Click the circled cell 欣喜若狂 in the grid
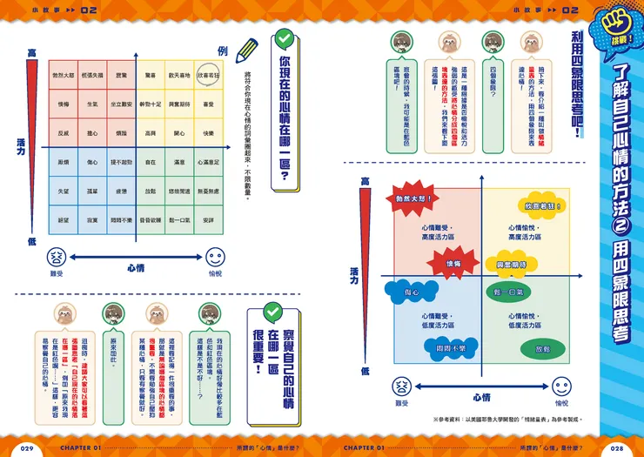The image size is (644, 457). (208, 77)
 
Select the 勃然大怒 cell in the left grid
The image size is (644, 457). (63, 77)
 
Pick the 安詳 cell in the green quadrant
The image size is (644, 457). (208, 220)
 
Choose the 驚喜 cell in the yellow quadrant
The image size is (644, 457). (151, 77)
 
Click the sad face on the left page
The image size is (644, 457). (56, 258)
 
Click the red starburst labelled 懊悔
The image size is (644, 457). (453, 262)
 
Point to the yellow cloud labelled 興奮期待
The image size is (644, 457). (511, 263)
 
